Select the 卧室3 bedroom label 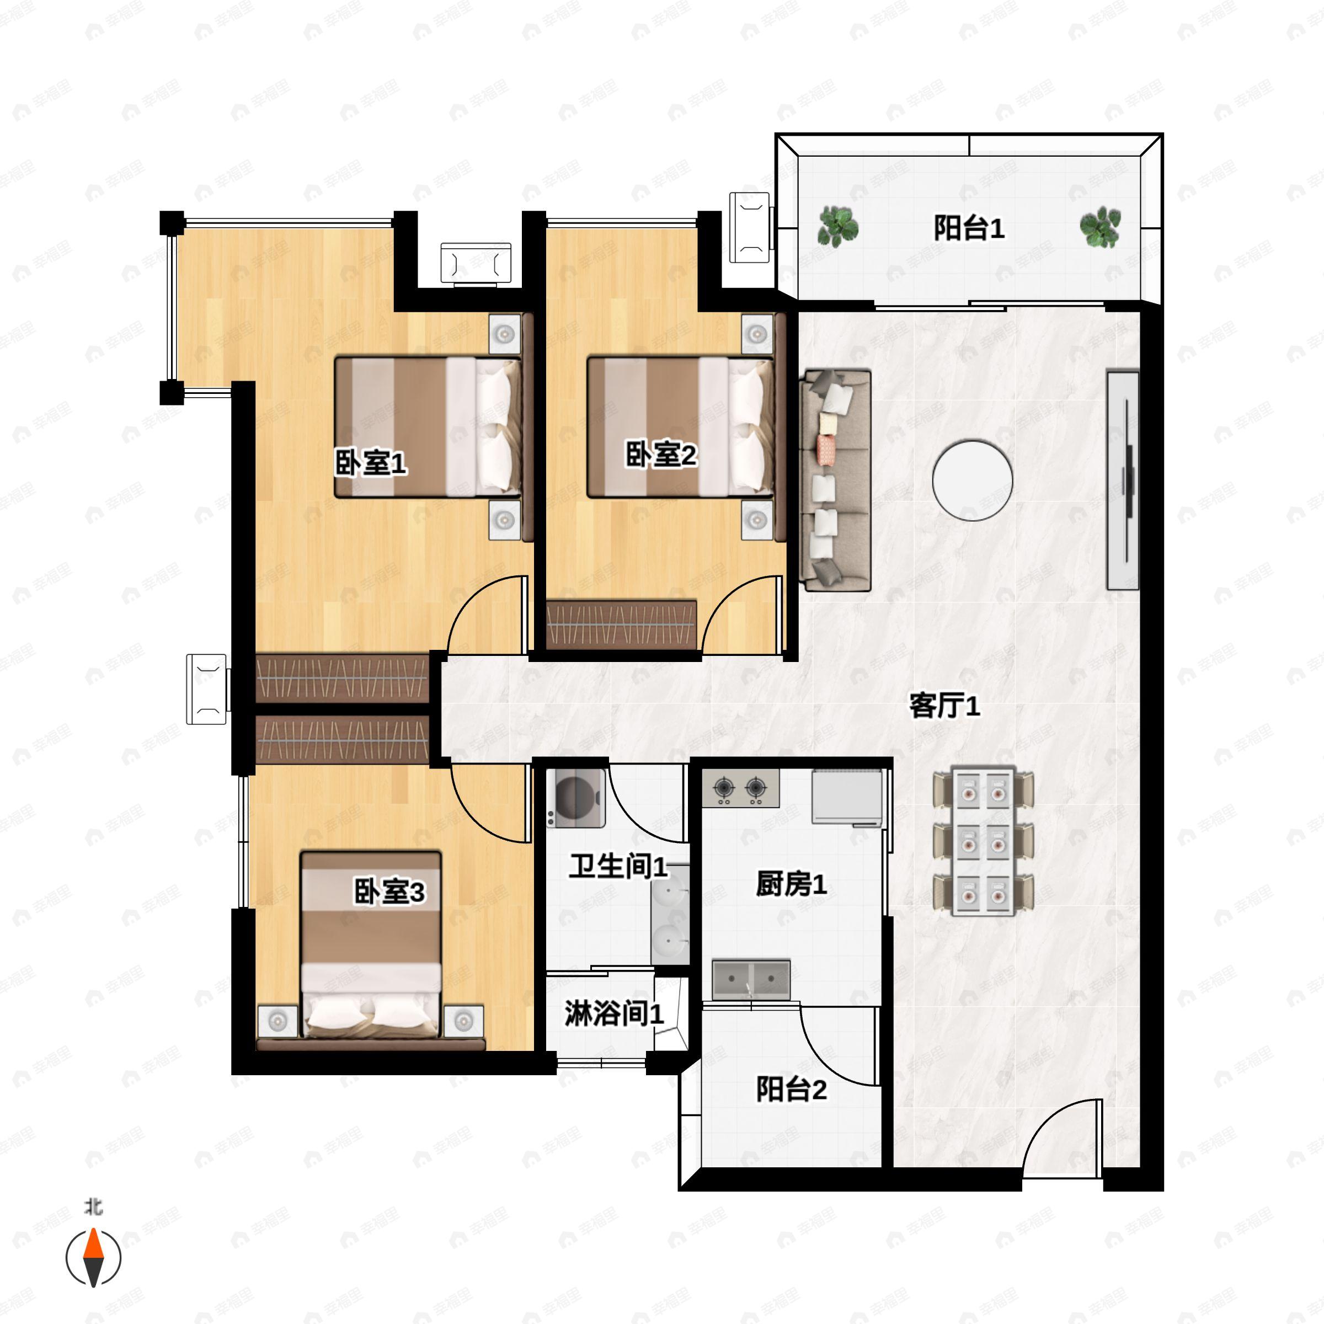click(x=388, y=891)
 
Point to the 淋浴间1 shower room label click(x=613, y=1013)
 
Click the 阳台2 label click(x=791, y=1089)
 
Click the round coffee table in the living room click(x=973, y=481)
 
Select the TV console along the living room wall click(x=1123, y=481)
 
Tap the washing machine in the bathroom click(x=575, y=798)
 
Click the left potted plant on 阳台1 click(x=837, y=227)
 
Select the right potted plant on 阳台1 click(x=1100, y=227)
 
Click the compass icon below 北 click(x=93, y=1258)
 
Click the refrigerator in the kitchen click(x=847, y=798)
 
